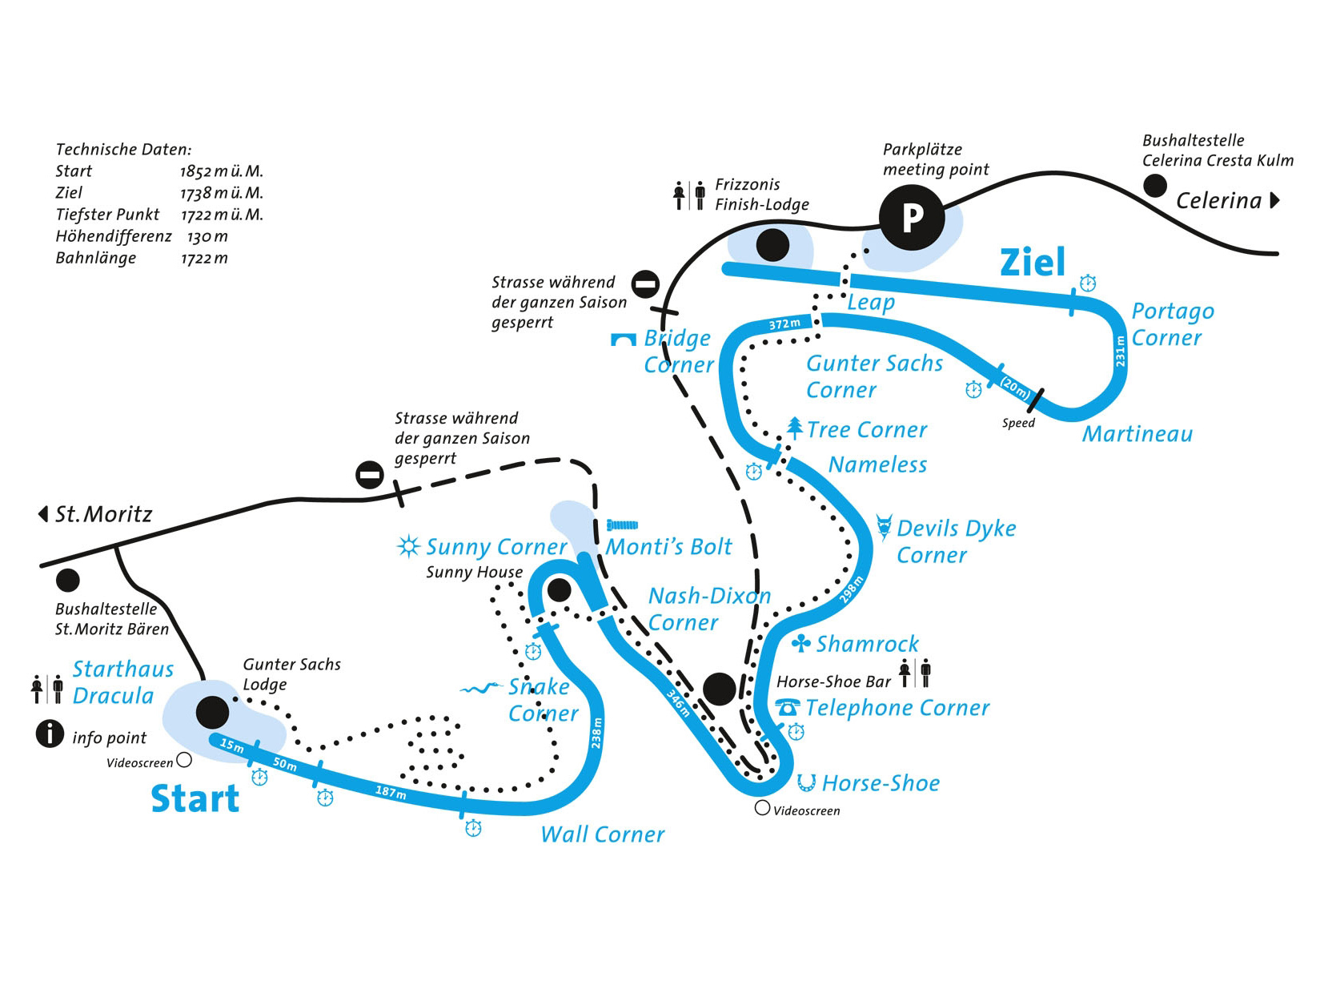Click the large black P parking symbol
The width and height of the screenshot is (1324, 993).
(912, 217)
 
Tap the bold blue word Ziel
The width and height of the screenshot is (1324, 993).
(1033, 262)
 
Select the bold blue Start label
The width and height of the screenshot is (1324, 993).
(195, 798)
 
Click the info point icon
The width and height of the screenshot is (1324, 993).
(50, 734)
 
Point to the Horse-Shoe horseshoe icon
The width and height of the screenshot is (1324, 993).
(806, 782)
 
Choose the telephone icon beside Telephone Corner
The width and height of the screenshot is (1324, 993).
(788, 707)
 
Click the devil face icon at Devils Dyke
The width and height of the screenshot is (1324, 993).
(884, 527)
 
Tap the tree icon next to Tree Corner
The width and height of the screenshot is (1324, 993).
(794, 427)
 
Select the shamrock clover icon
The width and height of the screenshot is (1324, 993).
(801, 643)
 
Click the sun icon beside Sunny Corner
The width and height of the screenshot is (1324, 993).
(408, 546)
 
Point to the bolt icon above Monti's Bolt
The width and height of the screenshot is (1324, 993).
(622, 525)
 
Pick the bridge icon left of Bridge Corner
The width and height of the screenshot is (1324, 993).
(624, 340)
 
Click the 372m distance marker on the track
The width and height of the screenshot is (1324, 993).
(784, 324)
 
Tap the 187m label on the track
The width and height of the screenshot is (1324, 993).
(391, 792)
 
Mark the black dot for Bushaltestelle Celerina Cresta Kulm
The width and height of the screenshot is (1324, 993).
(1154, 187)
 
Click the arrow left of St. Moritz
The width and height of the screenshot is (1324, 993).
(43, 513)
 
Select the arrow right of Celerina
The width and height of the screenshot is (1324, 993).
(1274, 200)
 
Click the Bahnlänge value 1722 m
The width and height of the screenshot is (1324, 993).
(204, 258)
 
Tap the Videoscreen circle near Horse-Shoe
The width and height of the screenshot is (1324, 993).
(762, 808)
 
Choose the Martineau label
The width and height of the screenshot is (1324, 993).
(1137, 434)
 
